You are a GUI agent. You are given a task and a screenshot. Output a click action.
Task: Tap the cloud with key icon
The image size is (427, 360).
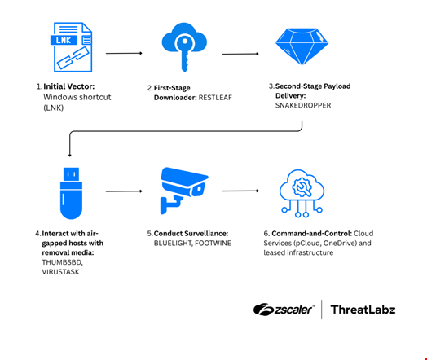tap(183, 50)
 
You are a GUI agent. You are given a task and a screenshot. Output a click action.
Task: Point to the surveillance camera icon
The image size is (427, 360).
tap(183, 188)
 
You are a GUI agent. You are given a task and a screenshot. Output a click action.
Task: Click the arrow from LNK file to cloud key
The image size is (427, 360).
tap(124, 54)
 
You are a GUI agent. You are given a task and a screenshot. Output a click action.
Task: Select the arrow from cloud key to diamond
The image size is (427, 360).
tap(240, 55)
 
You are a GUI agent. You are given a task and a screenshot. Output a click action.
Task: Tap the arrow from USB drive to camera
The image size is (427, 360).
tap(124, 191)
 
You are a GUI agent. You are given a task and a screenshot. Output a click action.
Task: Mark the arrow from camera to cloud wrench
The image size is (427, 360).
tap(240, 191)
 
